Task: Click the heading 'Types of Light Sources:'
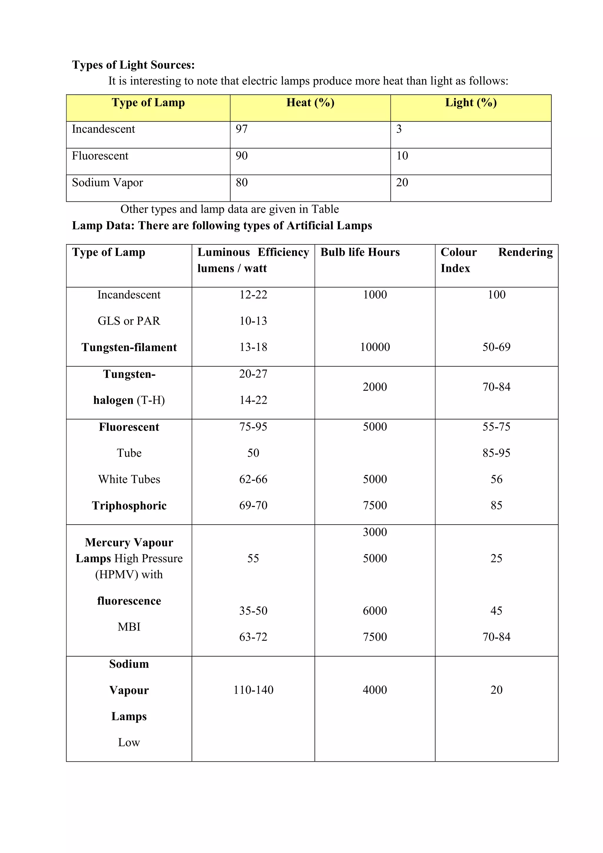133,65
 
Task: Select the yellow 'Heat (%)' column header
310,103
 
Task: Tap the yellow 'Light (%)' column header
471,103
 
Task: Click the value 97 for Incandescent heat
242,129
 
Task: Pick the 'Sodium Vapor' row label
107,183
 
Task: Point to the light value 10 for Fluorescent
402,156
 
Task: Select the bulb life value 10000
375,347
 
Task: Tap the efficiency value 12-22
253,295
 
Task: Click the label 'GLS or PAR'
129,321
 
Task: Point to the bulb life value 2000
375,387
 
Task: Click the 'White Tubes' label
129,480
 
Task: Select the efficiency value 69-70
253,506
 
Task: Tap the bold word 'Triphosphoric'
129,506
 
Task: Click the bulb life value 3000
375,532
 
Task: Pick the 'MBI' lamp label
129,627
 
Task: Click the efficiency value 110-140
253,690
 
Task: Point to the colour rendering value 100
496,295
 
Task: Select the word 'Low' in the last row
129,743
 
